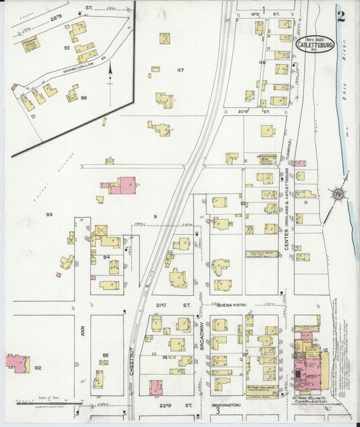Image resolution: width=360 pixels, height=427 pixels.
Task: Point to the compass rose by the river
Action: click(x=336, y=195)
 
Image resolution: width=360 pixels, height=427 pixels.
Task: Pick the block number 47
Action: click(x=180, y=70)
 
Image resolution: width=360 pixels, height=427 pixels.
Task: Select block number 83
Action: click(x=49, y=215)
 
